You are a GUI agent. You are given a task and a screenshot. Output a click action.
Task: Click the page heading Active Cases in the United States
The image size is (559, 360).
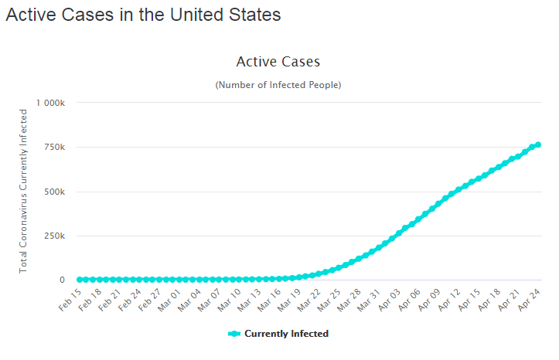[143, 15]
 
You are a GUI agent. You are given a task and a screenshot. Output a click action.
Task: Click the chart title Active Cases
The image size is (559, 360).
[278, 62]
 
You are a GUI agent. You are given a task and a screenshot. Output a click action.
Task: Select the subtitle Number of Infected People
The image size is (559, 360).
[278, 84]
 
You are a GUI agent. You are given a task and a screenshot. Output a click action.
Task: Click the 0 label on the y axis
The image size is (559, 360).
[62, 280]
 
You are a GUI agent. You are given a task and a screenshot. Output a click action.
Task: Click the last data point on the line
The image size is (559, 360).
[538, 144]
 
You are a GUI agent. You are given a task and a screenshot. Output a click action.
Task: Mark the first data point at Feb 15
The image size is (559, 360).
[80, 279]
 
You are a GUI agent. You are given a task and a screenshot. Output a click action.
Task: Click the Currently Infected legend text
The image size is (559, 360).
[286, 334]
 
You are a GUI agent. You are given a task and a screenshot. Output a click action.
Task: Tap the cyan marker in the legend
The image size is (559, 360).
[235, 334]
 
